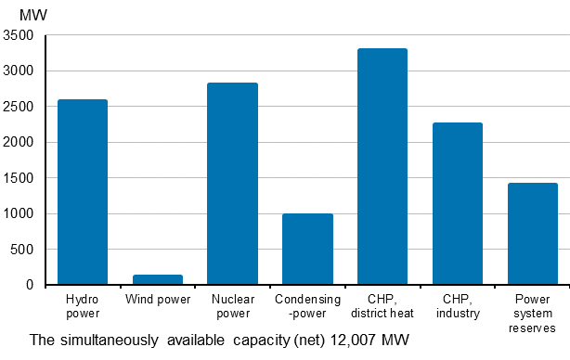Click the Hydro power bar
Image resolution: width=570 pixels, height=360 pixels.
point(82,192)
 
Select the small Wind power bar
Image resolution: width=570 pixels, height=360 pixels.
point(157,279)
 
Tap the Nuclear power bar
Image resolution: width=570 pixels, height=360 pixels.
point(232,184)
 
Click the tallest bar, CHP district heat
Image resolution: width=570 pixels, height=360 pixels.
point(382,167)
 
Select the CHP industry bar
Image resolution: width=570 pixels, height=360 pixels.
point(457,203)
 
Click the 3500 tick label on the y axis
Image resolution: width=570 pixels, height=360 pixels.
point(19,35)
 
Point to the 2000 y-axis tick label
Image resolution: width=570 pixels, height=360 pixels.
point(19,142)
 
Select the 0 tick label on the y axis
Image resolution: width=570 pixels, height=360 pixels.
point(30,285)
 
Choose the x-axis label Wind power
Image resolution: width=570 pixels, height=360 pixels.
point(157,300)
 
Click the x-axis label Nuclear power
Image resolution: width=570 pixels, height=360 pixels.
point(232,306)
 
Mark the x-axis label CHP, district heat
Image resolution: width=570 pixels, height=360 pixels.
point(382,306)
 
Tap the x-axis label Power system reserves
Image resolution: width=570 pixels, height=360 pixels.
point(532,314)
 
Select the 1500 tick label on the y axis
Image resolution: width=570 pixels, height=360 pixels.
point(19,178)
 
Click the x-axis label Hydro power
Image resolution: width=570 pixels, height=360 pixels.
point(82,306)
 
